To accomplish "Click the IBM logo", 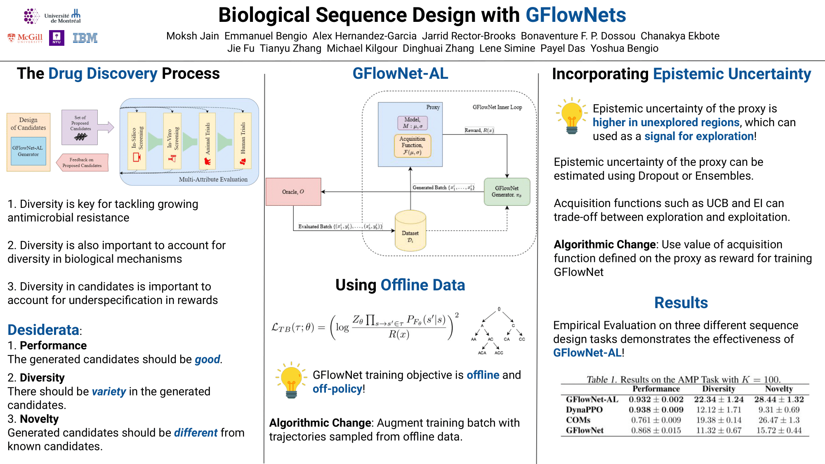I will (85, 38).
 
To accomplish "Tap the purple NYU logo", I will (57, 38).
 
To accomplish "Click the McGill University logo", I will (26, 38).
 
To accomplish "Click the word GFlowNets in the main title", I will (575, 15).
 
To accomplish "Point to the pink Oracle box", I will (293, 192).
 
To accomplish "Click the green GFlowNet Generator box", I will (507, 191).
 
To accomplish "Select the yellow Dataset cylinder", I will (410, 232).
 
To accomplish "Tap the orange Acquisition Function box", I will (412, 146).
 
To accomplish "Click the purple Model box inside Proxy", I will (412, 122).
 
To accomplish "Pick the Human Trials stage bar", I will (243, 140).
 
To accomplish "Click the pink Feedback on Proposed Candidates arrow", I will (82, 163).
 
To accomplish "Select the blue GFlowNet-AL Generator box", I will (28, 151).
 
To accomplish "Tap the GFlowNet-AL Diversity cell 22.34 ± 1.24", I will (719, 399).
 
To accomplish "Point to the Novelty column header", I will (778, 389).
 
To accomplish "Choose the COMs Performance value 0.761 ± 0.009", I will (656, 420).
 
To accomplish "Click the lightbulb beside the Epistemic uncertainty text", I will (572, 115).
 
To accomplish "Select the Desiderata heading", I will (43, 330).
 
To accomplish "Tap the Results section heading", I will (681, 303).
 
